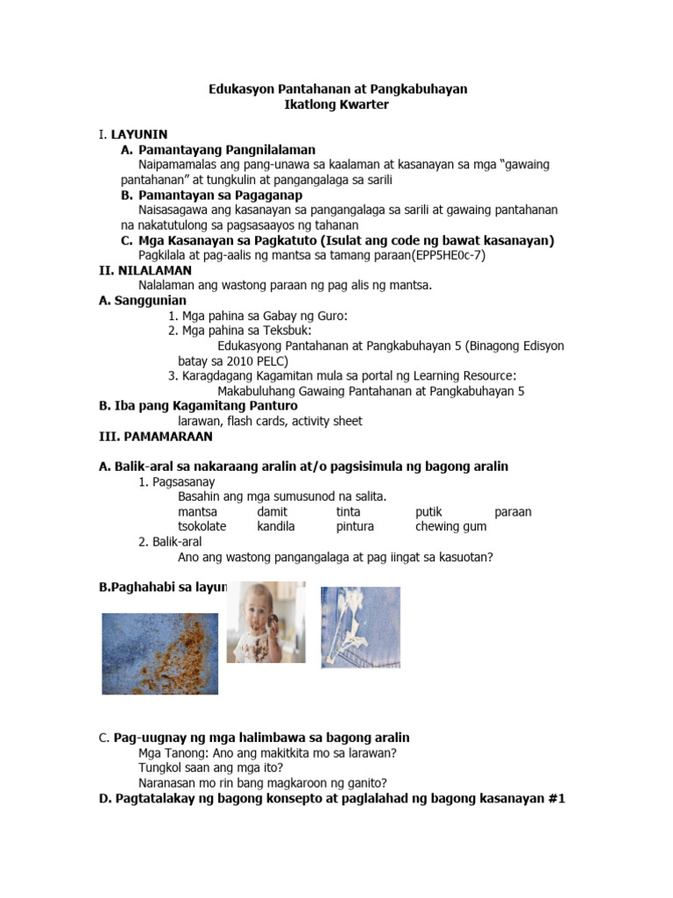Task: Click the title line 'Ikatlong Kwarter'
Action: (337, 105)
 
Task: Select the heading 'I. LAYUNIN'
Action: (132, 134)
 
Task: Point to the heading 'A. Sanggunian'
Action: (143, 300)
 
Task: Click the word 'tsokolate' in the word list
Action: (202, 526)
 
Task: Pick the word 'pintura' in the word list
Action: (355, 526)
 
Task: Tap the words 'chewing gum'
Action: (450, 526)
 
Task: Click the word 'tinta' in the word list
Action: (348, 511)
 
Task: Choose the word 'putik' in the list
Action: (429, 511)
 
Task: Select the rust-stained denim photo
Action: (159, 659)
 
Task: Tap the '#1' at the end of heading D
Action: (554, 798)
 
